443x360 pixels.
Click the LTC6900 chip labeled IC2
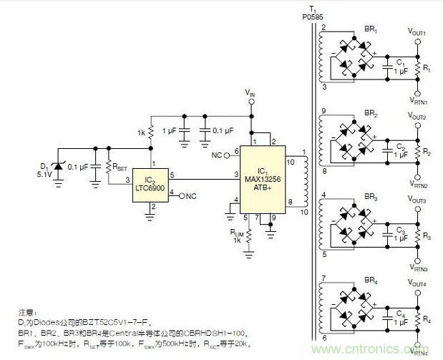coord(151,183)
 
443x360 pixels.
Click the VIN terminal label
coord(249,93)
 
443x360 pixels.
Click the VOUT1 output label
coord(417,33)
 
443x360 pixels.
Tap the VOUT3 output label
coord(417,201)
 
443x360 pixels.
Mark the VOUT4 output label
coord(417,284)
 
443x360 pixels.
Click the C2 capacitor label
coord(401,145)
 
